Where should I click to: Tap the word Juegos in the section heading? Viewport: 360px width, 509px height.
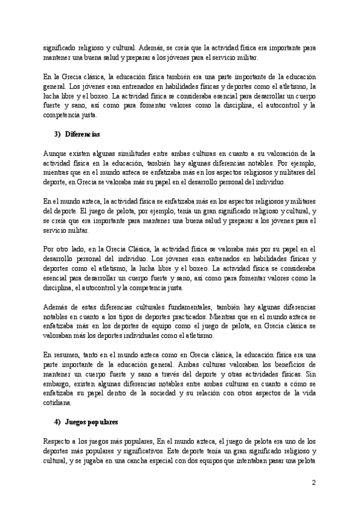click(76, 421)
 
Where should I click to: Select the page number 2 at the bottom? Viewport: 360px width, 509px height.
click(313, 483)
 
